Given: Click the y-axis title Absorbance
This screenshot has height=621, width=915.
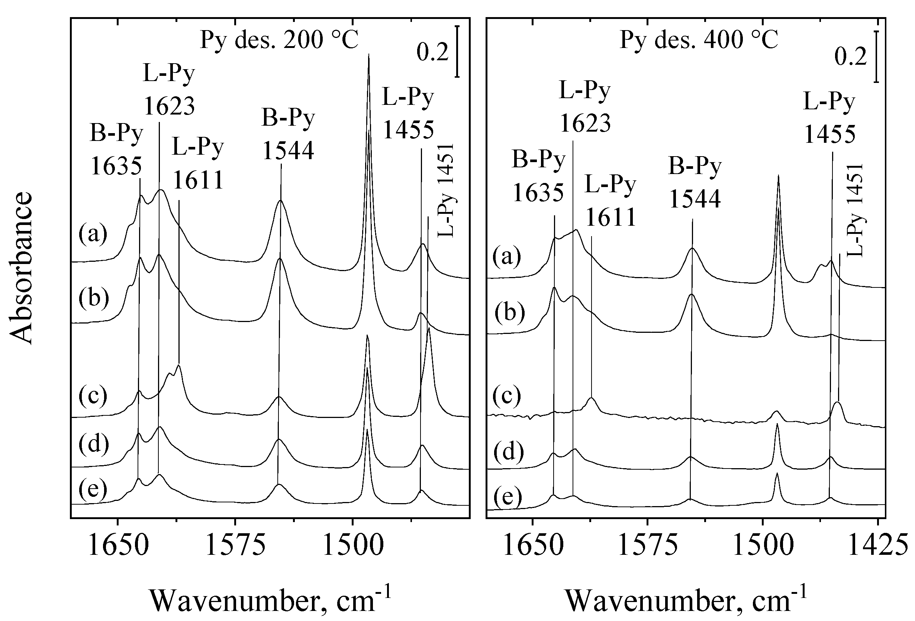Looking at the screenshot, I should [x=20, y=268].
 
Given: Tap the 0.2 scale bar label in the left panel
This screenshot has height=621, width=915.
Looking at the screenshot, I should [x=432, y=53].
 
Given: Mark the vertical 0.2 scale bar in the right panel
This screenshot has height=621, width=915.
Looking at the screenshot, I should [x=876, y=58].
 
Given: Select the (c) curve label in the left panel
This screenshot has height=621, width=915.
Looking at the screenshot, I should [x=93, y=395].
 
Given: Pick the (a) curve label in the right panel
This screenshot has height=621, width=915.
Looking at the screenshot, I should [x=507, y=256].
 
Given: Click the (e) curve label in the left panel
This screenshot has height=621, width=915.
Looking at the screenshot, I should [x=93, y=489].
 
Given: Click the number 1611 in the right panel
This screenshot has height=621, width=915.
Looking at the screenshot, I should [x=611, y=217].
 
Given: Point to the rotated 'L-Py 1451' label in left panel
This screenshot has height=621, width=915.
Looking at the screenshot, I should [x=446, y=191].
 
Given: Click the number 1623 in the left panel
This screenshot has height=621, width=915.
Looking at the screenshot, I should [x=169, y=106].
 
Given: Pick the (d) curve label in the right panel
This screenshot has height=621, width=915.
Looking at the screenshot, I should [x=509, y=452].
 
